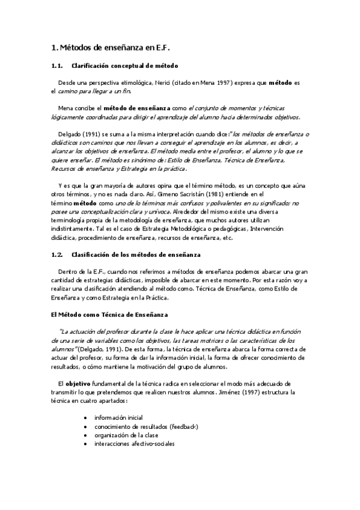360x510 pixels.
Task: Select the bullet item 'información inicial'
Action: pyautogui.click(x=118, y=417)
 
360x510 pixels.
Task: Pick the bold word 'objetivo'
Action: pyautogui.click(x=78, y=383)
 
